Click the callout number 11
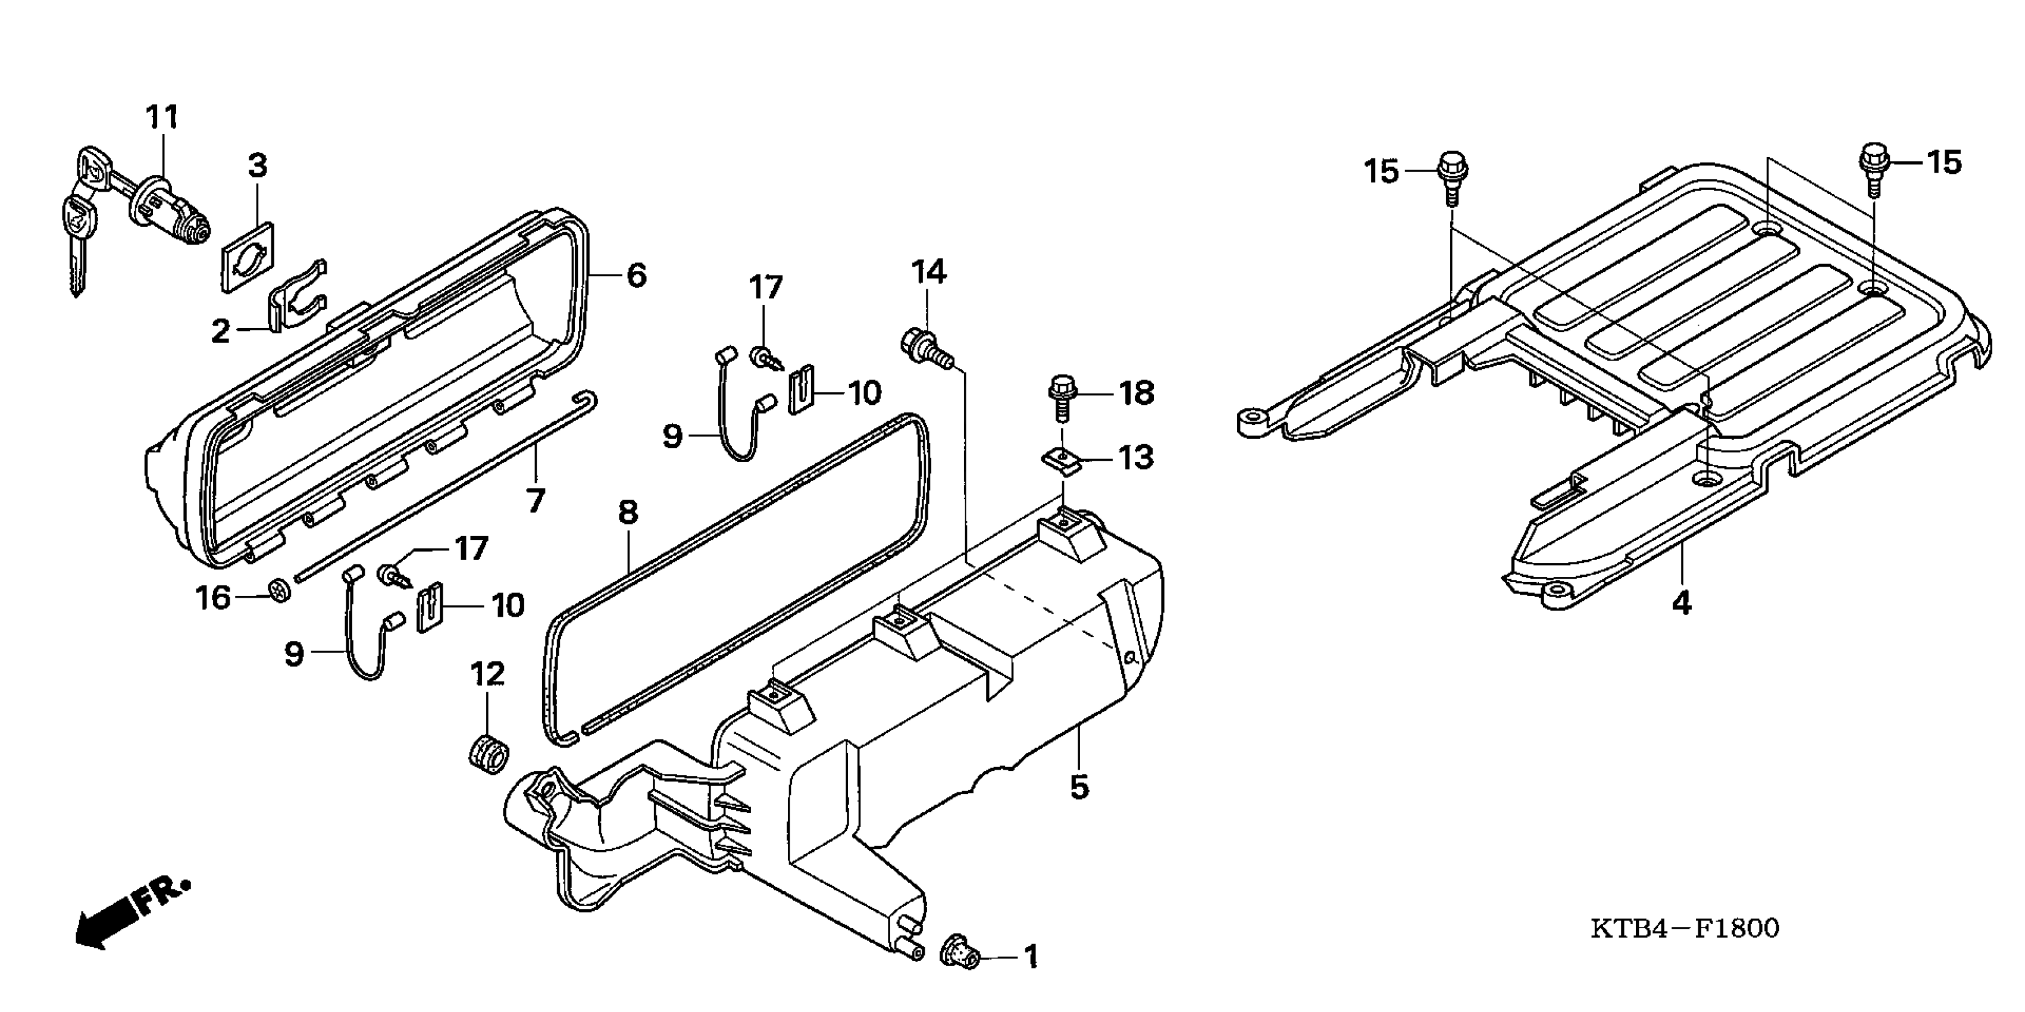tap(162, 118)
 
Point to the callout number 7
tap(536, 500)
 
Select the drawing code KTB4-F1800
tap(1685, 929)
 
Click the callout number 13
tap(1135, 458)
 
